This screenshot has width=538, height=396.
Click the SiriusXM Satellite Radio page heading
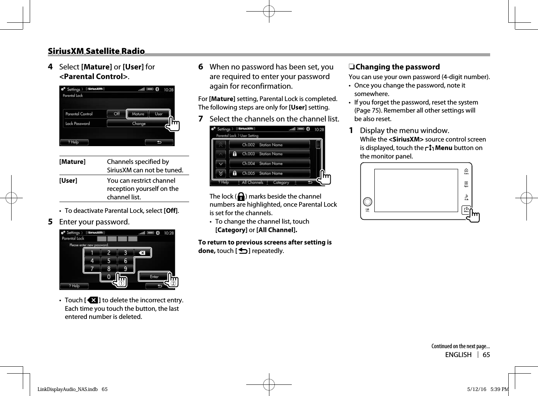tap(96, 51)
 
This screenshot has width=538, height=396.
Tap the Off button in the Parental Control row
tap(117, 114)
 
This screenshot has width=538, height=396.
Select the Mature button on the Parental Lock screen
tap(138, 114)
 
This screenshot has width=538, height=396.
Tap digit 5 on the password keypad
tap(109, 261)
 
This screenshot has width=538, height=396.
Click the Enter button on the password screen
tap(154, 276)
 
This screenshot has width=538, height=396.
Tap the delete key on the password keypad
tap(142, 253)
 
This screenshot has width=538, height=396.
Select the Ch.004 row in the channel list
tap(269, 163)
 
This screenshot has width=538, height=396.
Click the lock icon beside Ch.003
tap(234, 154)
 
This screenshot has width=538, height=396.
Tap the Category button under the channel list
tap(281, 182)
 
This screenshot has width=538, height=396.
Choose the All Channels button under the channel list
tap(252, 182)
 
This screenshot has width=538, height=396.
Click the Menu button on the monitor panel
tap(466, 210)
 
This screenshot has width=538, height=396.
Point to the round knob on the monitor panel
tap(367, 202)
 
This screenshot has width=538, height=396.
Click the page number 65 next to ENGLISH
tap(486, 355)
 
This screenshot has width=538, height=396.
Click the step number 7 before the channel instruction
tap(201, 119)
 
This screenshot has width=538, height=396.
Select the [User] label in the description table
tap(68, 180)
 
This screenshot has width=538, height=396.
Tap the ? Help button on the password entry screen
tap(74, 286)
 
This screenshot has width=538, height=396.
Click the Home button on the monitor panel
tap(466, 171)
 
